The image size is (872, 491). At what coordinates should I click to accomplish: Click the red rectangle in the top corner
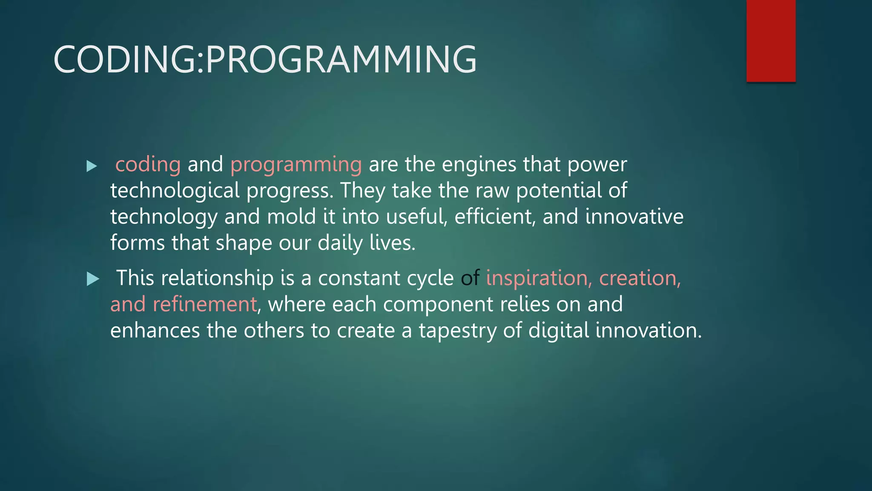point(771,40)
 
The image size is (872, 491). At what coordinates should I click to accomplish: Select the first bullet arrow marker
point(92,166)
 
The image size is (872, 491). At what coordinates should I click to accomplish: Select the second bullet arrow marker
point(92,279)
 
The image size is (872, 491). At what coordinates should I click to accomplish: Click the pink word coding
point(148,165)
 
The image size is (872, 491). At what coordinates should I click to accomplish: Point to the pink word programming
point(296,165)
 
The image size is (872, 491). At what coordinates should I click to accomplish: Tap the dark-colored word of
point(470,278)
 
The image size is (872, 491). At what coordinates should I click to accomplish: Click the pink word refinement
point(204,305)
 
